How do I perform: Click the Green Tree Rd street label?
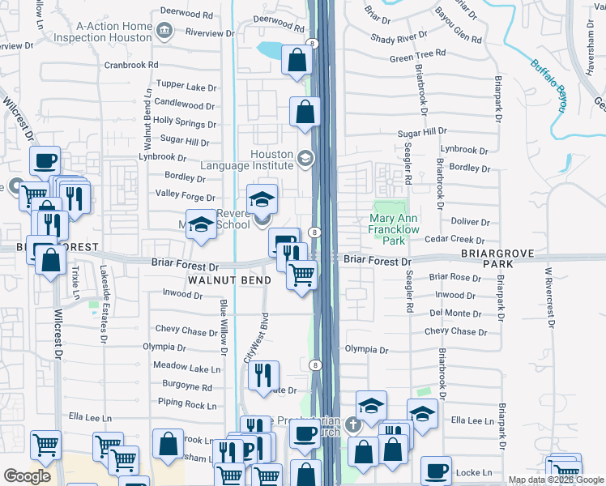pyautogui.click(x=417, y=54)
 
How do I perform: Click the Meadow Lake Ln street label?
pyautogui.click(x=192, y=369)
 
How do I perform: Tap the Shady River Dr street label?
pyautogui.click(x=399, y=37)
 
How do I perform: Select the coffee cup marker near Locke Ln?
pyautogui.click(x=436, y=470)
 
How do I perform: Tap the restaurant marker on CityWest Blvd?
pyautogui.click(x=264, y=375)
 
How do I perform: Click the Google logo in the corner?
pyautogui.click(x=28, y=475)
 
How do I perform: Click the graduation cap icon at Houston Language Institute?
pyautogui.click(x=305, y=158)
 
